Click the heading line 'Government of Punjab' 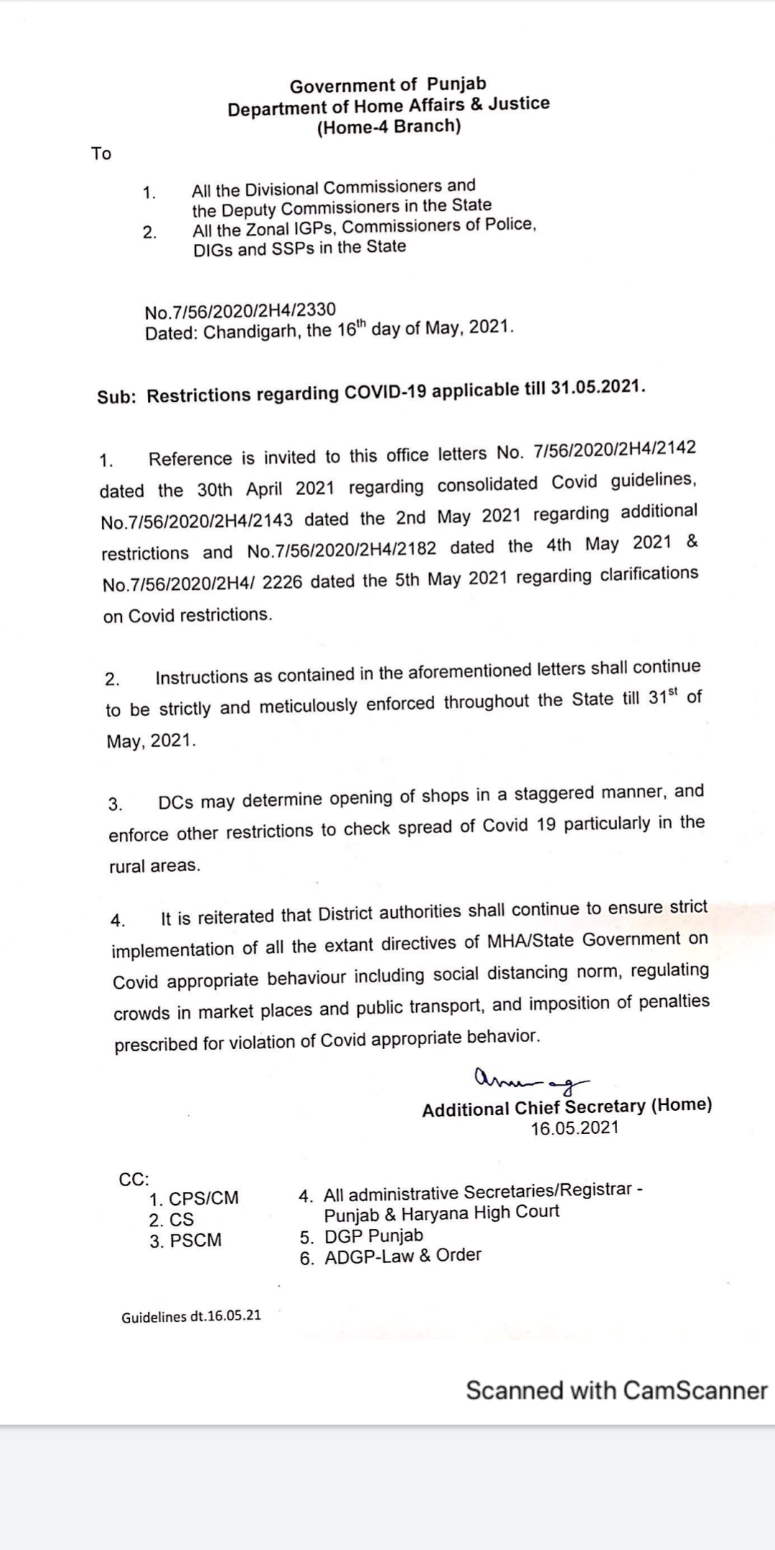click(x=387, y=85)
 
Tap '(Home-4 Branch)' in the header click(x=388, y=127)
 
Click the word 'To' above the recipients click(x=101, y=154)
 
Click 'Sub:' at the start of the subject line click(x=116, y=397)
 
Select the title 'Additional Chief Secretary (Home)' click(x=567, y=1107)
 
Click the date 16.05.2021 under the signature click(x=574, y=1128)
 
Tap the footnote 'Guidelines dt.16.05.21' click(x=191, y=1317)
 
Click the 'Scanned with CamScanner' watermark click(x=616, y=1390)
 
